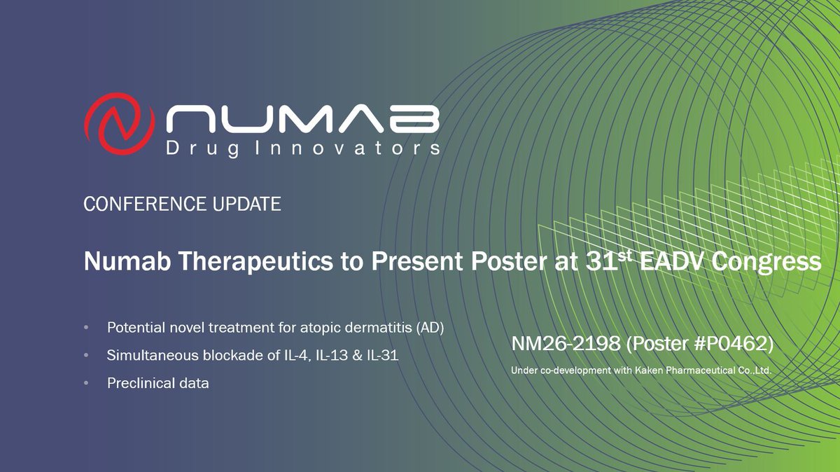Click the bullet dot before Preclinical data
(86, 384)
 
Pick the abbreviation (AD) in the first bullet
(430, 328)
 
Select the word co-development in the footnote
(564, 370)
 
